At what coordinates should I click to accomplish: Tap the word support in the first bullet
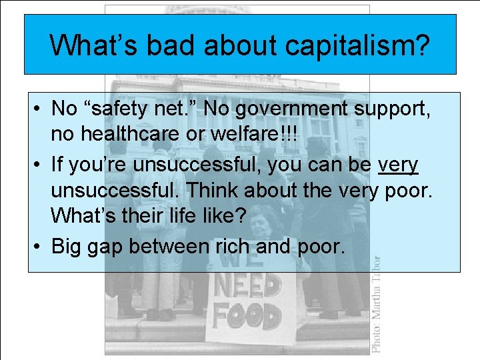click(x=393, y=107)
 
